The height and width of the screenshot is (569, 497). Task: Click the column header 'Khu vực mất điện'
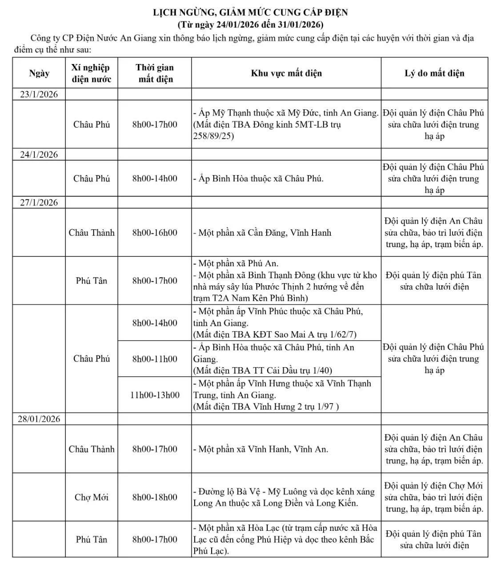point(286,73)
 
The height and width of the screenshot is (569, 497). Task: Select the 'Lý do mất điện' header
point(434,73)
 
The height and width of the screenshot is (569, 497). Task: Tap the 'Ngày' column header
point(39,73)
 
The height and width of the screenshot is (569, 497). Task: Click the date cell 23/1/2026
point(39,94)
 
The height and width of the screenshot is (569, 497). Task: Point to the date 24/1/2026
point(39,155)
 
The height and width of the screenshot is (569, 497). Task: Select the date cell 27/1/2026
point(39,203)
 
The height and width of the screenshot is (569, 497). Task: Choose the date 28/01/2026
point(39,419)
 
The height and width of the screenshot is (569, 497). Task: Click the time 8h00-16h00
point(155,232)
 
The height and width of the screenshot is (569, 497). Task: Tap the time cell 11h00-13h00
point(155,395)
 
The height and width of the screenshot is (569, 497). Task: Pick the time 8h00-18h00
point(155,497)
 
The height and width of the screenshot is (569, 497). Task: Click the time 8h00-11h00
point(155,359)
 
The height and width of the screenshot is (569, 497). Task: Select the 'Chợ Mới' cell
point(92,497)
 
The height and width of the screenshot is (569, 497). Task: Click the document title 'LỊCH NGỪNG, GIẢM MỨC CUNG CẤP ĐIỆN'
point(250,12)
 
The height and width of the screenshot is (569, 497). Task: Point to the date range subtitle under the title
point(250,24)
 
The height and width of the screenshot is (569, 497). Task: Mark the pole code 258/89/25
point(213,136)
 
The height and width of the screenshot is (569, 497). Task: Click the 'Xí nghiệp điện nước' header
point(91,73)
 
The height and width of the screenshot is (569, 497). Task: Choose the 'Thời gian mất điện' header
point(155,73)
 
